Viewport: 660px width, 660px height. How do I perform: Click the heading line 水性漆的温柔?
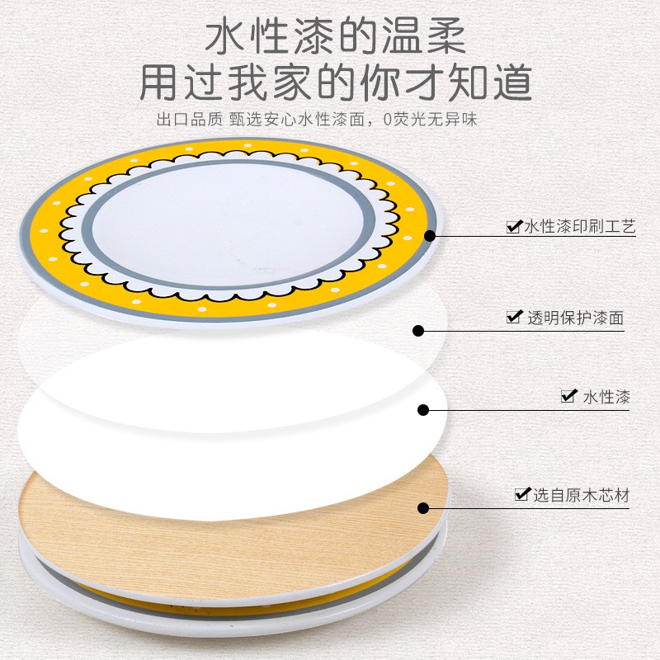coord(336,37)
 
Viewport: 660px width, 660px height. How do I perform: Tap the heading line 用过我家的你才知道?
coord(336,82)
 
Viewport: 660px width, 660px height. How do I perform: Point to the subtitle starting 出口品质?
coord(317,120)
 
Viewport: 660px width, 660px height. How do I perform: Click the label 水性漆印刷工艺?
coord(579,226)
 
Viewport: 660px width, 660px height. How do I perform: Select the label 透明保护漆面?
coord(575,318)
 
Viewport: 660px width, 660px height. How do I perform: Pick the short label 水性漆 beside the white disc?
coord(606,397)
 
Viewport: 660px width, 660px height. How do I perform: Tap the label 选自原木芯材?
coord(582,495)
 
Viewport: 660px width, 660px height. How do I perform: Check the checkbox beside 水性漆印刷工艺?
coord(514,226)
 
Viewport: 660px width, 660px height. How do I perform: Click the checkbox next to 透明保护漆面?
coord(514,317)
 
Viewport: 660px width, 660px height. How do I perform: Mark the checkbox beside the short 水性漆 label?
coord(569,396)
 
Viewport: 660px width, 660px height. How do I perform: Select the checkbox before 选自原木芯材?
coord(522,493)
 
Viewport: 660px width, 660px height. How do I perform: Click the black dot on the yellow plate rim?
coord(429,236)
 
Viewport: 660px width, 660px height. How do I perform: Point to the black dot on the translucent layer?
coord(418,331)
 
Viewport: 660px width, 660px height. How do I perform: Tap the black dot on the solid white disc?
coord(423,410)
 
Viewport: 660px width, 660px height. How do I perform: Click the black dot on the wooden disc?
coord(423,508)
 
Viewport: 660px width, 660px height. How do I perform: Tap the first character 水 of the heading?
coord(225,37)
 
